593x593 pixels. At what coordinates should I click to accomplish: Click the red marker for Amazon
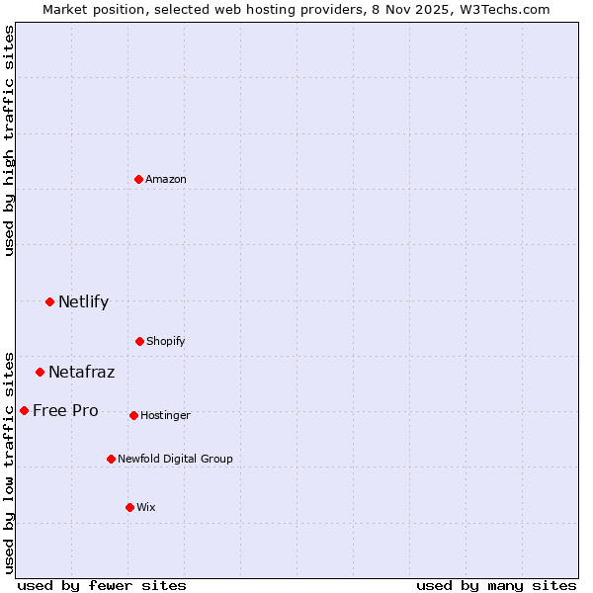tap(139, 179)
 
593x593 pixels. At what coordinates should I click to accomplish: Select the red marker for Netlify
tap(49, 301)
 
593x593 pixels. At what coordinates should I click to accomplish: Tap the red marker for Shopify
tap(139, 341)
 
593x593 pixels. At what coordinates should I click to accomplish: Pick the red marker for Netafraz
tap(41, 372)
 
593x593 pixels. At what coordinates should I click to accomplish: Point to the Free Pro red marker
tap(24, 410)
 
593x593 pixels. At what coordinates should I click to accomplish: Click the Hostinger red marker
tap(133, 415)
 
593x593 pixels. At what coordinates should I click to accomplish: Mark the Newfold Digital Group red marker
tap(111, 459)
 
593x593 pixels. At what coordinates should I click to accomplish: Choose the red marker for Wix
tap(129, 507)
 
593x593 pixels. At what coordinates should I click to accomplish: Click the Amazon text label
tap(166, 179)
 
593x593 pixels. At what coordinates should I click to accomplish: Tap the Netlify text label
tap(83, 301)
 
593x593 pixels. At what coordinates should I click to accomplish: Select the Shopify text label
tap(166, 341)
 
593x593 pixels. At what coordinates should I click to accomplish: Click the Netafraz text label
tap(81, 372)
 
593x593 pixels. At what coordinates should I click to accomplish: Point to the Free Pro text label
tap(65, 410)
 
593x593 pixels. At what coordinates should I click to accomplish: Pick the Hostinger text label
tap(165, 415)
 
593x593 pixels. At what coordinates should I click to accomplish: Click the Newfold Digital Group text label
tap(175, 459)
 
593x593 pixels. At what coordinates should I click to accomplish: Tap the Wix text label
tap(146, 507)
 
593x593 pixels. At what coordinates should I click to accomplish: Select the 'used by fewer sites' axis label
tap(102, 585)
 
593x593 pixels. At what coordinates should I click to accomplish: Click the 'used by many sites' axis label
tap(496, 585)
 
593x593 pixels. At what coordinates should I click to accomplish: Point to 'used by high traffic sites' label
tap(9, 140)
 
